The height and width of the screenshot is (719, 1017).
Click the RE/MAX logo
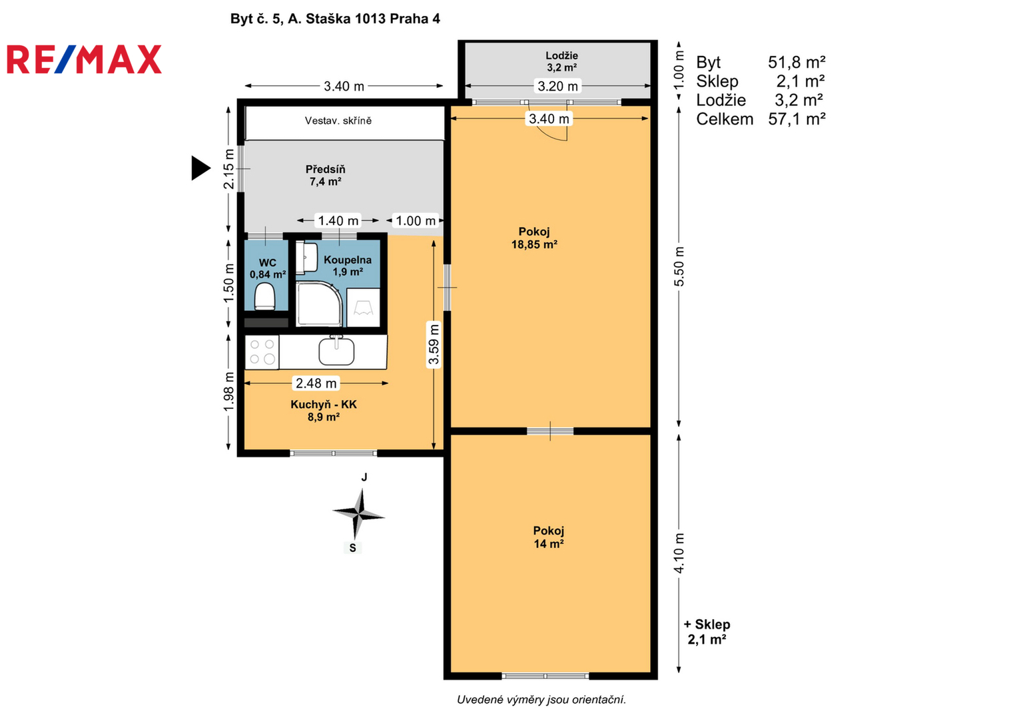pyautogui.click(x=84, y=59)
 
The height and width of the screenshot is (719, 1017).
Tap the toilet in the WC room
pyautogui.click(x=264, y=296)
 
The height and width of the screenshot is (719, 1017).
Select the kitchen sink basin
pyautogui.click(x=336, y=351)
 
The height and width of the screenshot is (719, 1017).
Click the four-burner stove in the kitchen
pyautogui.click(x=262, y=352)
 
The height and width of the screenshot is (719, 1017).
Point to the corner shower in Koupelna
pyautogui.click(x=319, y=304)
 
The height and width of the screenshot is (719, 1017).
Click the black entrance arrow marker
pyautogui.click(x=200, y=168)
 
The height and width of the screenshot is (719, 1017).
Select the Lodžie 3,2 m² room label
pyautogui.click(x=561, y=61)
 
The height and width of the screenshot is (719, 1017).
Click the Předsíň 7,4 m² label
pyautogui.click(x=325, y=175)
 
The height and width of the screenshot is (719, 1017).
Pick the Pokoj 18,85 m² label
pyautogui.click(x=534, y=238)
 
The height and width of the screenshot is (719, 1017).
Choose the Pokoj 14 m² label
pyautogui.click(x=548, y=537)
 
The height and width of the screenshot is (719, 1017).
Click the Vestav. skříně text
pyautogui.click(x=338, y=120)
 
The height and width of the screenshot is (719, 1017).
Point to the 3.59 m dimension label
pyautogui.click(x=434, y=344)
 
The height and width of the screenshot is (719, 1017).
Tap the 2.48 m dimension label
pyautogui.click(x=316, y=383)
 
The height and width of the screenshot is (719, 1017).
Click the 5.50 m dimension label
pyautogui.click(x=679, y=266)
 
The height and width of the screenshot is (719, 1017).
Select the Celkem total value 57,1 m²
pyautogui.click(x=797, y=119)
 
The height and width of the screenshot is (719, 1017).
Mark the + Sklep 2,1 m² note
pyautogui.click(x=707, y=632)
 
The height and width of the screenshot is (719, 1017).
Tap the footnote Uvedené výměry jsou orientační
pyautogui.click(x=541, y=700)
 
